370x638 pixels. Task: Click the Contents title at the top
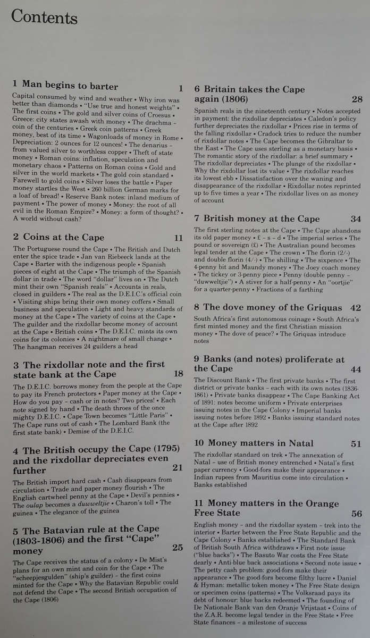(x=44, y=17)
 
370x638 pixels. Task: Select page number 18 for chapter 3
(x=178, y=374)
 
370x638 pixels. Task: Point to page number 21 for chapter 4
(x=177, y=467)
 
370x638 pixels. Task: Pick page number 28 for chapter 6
(x=357, y=99)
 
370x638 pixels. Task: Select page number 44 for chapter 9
(x=356, y=368)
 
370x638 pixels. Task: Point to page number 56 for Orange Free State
(x=356, y=513)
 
